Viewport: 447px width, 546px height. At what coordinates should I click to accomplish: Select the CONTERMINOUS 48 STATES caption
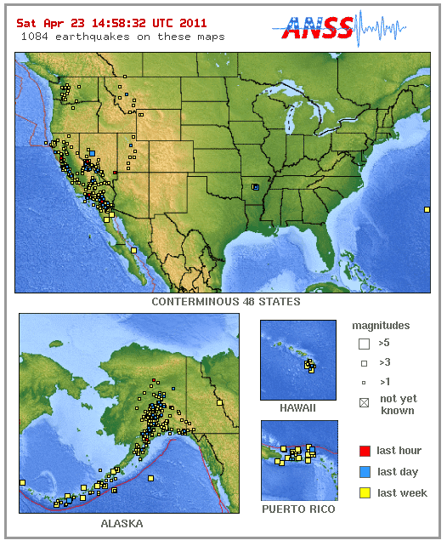[225, 302]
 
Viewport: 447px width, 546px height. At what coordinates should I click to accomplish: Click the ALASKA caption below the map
[122, 524]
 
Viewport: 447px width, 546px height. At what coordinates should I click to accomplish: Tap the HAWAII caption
[298, 408]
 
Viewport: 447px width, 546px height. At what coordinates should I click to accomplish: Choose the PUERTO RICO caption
[298, 509]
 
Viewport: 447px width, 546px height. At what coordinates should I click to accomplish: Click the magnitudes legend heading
[381, 326]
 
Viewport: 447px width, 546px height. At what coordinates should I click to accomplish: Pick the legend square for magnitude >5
[364, 344]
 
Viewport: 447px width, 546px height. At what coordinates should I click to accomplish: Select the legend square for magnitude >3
[364, 363]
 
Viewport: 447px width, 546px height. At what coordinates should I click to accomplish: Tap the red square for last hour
[364, 451]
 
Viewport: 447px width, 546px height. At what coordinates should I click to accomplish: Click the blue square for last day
[364, 472]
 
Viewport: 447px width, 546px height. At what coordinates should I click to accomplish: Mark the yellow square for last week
[364, 493]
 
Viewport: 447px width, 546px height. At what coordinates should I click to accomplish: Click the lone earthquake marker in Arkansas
[256, 186]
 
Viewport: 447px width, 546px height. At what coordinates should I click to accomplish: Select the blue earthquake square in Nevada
[92, 153]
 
